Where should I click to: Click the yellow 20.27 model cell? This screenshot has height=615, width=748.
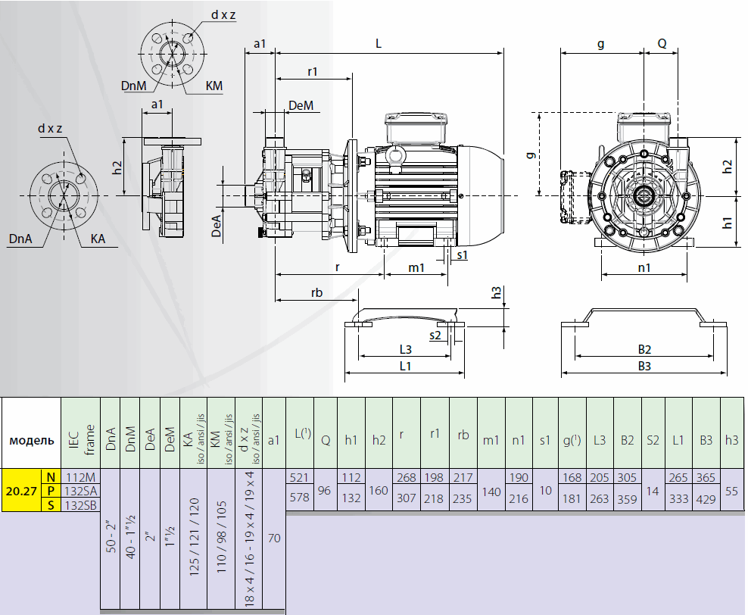(21, 491)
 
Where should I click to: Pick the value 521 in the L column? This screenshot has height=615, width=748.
(300, 477)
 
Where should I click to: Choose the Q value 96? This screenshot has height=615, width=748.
(325, 490)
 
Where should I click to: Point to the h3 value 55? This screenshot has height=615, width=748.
(731, 490)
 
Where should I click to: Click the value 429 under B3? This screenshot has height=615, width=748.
(706, 499)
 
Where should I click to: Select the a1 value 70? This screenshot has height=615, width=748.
(273, 539)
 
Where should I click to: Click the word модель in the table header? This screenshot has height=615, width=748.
(31, 440)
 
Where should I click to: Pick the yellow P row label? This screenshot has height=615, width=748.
(51, 491)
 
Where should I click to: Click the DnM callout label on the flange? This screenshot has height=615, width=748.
(132, 86)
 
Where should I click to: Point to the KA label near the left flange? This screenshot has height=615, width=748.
(98, 239)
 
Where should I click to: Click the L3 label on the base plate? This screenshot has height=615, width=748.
(405, 350)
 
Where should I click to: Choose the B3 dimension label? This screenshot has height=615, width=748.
(644, 366)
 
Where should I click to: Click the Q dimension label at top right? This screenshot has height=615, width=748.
(662, 44)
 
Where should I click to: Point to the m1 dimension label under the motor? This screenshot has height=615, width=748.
(416, 267)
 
